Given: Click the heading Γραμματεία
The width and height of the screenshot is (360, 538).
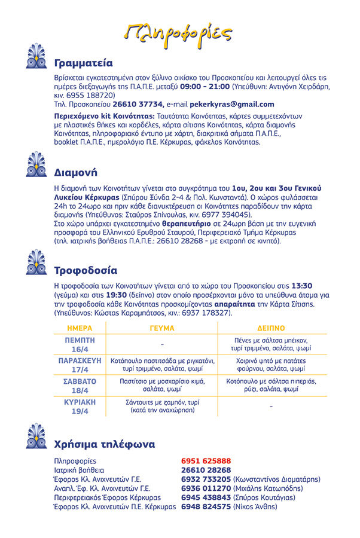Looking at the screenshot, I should [x=83, y=63].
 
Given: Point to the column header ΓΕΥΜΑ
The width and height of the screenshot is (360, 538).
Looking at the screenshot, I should [x=162, y=328].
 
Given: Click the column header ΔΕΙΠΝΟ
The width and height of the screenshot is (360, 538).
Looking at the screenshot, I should [x=271, y=328].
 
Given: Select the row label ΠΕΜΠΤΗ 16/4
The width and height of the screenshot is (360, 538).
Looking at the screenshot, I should [x=80, y=344].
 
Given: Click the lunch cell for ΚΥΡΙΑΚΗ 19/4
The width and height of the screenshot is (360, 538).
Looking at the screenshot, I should [x=162, y=406].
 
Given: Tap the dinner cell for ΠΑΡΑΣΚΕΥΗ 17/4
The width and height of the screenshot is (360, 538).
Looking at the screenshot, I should [x=271, y=365].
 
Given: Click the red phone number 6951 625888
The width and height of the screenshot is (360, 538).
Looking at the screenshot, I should [x=206, y=461].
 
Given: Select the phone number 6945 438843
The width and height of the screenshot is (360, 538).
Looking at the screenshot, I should [x=206, y=497].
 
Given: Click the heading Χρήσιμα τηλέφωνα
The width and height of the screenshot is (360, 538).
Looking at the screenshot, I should [x=105, y=444].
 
